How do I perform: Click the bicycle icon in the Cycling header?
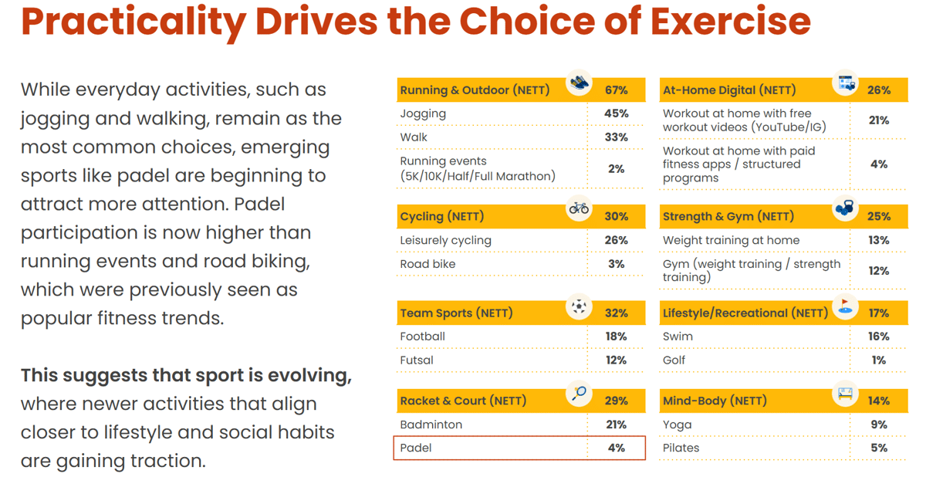click(x=579, y=208)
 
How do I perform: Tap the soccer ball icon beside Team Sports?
click(x=579, y=306)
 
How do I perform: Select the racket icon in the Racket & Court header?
click(x=579, y=393)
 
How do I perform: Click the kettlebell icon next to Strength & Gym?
click(x=844, y=208)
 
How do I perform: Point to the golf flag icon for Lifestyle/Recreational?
click(x=845, y=306)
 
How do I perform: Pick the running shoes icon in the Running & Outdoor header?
click(x=580, y=83)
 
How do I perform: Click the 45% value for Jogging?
click(x=616, y=113)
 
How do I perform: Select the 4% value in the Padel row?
click(x=616, y=448)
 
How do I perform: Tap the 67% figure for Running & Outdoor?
click(x=616, y=90)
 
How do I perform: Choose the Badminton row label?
click(x=431, y=425)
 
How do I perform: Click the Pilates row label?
click(x=681, y=448)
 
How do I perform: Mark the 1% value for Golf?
click(x=879, y=360)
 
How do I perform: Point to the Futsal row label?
click(x=416, y=360)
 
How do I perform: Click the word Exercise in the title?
click(x=731, y=21)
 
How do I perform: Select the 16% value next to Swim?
click(x=879, y=337)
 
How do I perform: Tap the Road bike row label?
click(x=428, y=264)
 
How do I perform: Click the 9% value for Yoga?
click(x=879, y=425)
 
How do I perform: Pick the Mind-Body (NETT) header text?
click(x=715, y=401)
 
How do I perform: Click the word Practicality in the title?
click(x=133, y=22)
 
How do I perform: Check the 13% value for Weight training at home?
click(x=879, y=240)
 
